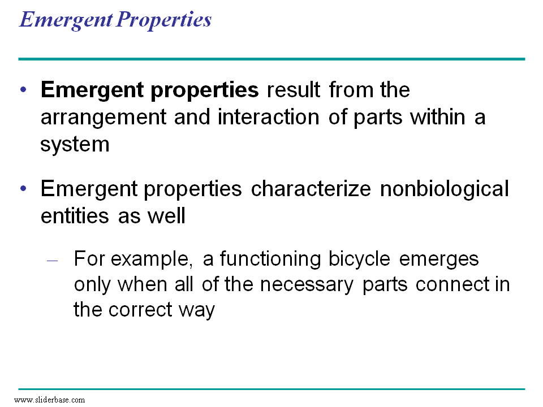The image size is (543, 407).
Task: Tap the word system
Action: pyautogui.click(x=75, y=145)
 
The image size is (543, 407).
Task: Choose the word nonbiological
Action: pyautogui.click(x=445, y=189)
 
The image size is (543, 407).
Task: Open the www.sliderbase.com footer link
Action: pyautogui.click(x=49, y=400)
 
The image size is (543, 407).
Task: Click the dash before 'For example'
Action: pyautogui.click(x=53, y=261)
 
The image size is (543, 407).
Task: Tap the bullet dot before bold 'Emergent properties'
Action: pyautogui.click(x=23, y=91)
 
